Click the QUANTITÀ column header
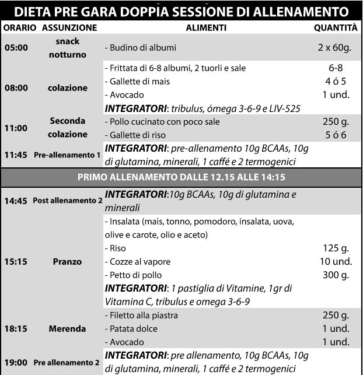pyautogui.click(x=335, y=27)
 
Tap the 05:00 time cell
pyautogui.click(x=16, y=48)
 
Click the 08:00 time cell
pyautogui.click(x=16, y=88)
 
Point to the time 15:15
pyautogui.click(x=16, y=261)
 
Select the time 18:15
pyautogui.click(x=16, y=328)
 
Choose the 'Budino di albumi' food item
pyautogui.click(x=142, y=48)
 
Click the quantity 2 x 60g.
pyautogui.click(x=335, y=48)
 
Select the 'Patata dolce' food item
pyautogui.click(x=132, y=328)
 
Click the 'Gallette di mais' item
pyautogui.click(x=139, y=82)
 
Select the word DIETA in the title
pyautogui.click(x=33, y=11)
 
